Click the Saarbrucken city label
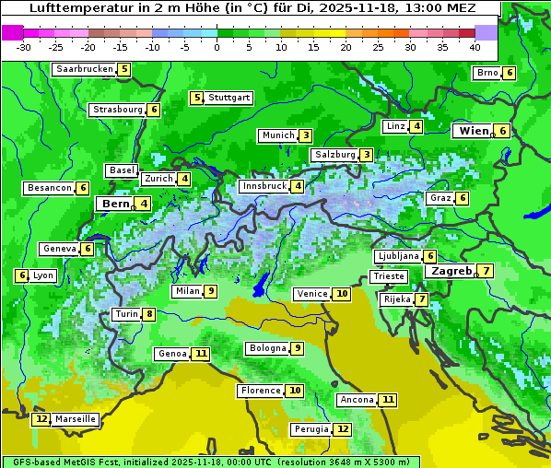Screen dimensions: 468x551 [85, 69]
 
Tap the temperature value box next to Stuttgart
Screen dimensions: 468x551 [196, 98]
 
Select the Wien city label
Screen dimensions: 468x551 [475, 131]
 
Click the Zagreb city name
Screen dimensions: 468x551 [451, 271]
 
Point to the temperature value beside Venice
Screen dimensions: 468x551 [342, 294]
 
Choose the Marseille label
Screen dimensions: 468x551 [76, 419]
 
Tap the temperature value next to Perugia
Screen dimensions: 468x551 [343, 429]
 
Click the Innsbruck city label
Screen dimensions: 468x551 [264, 186]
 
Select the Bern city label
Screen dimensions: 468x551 [116, 204]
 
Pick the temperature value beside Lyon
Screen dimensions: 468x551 [22, 275]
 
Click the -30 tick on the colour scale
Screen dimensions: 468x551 [24, 46]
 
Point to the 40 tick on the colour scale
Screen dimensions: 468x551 [475, 46]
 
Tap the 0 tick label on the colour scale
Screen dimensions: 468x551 [217, 46]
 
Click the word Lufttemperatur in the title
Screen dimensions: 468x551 [76, 8]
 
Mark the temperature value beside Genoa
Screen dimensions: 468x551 [201, 354]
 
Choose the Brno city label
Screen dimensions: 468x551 [487, 73]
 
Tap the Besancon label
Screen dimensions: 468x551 [50, 188]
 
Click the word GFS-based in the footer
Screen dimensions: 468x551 [34, 462]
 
